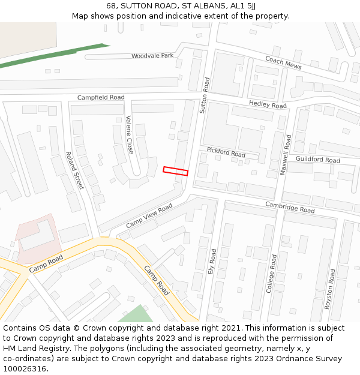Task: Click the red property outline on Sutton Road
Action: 175,171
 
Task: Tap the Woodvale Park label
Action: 152,56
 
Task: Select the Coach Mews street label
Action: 283,63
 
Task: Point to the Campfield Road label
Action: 101,97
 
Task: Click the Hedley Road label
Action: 268,104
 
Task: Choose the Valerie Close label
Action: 129,134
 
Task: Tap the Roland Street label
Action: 74,170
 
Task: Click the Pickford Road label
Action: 226,152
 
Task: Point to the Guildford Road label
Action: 318,160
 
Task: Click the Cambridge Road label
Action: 290,208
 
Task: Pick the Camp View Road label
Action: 149,215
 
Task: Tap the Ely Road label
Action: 211,262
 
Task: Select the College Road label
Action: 272,274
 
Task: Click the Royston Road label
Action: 330,289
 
